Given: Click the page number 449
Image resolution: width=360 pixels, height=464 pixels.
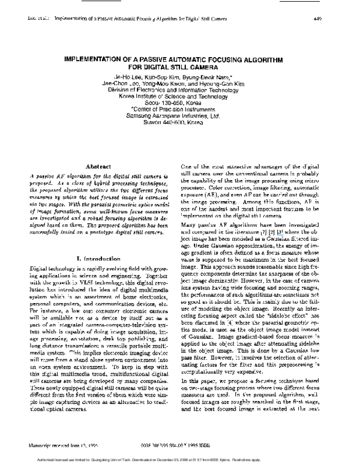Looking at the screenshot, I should coord(319,18).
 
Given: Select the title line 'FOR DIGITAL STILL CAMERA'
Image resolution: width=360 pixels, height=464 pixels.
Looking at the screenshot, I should coord(179,68).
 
